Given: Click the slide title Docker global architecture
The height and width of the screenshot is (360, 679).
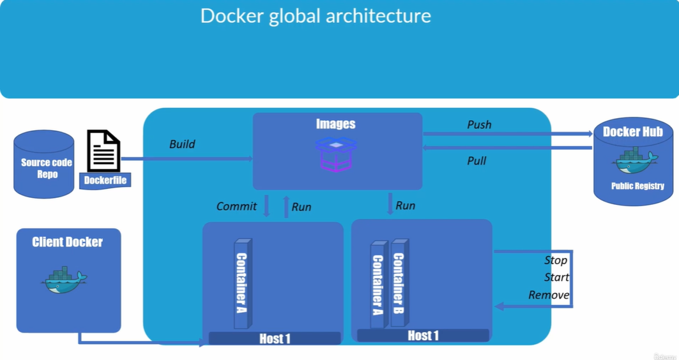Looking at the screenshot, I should [316, 16].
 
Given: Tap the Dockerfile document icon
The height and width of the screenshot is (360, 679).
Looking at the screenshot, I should [103, 151].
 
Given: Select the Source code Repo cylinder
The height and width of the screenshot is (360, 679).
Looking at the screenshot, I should [44, 165].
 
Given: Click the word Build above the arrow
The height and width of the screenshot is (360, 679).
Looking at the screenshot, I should [182, 144].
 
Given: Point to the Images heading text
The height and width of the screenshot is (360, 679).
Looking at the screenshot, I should [335, 124].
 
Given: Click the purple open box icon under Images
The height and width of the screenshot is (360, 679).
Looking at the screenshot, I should [336, 154].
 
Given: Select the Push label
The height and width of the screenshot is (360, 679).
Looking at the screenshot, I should [479, 124].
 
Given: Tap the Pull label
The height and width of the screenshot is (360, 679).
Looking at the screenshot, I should [477, 161].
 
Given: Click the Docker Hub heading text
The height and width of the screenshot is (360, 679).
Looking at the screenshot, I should [633, 132].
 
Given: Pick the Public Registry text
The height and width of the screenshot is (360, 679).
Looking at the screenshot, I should [637, 186].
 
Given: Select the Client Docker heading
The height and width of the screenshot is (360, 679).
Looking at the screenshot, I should [68, 242].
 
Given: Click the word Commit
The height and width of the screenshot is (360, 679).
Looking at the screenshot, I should [236, 206].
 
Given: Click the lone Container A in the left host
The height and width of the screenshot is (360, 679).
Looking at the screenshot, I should [242, 283].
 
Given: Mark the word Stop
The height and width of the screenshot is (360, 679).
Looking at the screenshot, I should [555, 260].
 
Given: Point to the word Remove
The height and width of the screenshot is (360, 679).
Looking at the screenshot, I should [549, 295].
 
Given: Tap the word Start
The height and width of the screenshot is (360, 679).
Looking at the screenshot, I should [556, 277].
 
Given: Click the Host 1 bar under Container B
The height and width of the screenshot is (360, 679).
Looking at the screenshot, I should [423, 336].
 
